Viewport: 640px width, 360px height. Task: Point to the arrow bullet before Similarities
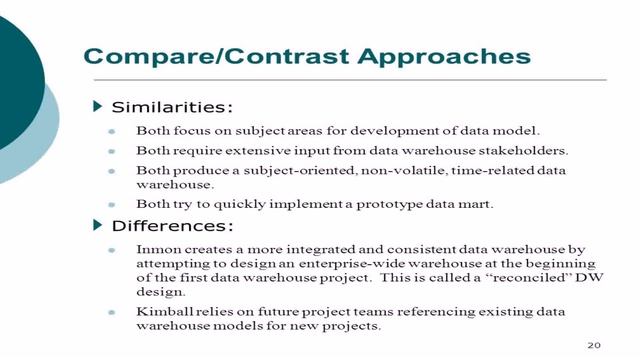tap(97, 105)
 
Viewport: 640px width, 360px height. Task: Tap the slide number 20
tap(594, 344)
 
